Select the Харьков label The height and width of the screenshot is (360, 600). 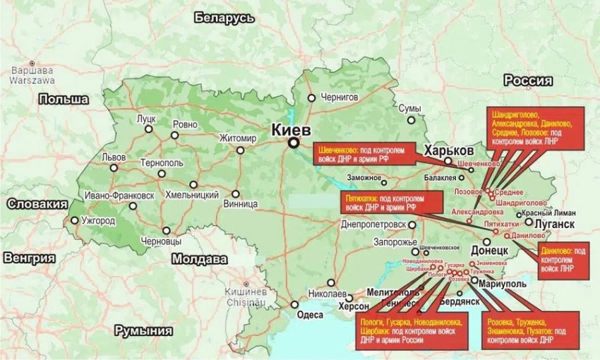tap(448, 151)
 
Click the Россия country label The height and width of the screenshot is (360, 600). tap(527, 80)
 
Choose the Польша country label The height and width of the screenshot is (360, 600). tap(64, 99)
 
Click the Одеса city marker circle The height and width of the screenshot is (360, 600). tap(294, 305)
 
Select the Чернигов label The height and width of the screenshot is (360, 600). tap(340, 97)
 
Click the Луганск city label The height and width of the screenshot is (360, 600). tap(556, 224)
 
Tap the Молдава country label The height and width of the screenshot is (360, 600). tap(198, 259)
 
